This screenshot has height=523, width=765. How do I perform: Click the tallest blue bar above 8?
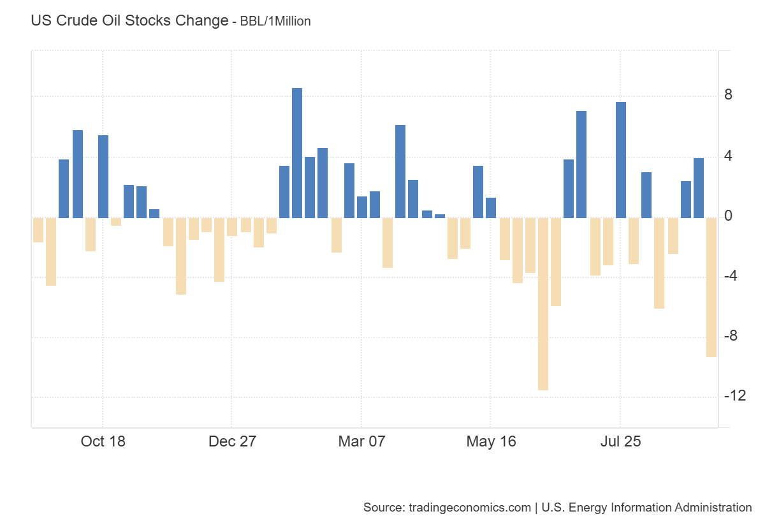click(297, 153)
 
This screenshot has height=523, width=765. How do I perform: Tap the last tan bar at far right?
click(711, 287)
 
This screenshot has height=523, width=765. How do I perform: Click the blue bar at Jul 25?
click(621, 160)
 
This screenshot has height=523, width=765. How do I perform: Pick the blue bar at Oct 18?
click(103, 177)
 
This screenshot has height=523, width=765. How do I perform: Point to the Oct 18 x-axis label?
click(103, 441)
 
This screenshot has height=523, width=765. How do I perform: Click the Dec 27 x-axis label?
click(232, 441)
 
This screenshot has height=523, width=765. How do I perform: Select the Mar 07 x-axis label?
click(361, 441)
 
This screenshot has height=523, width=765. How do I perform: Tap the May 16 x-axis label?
click(490, 441)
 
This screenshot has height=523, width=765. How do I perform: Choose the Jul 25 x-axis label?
click(620, 441)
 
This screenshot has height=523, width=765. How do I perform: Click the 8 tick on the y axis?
click(728, 96)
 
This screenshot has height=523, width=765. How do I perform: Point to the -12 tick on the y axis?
click(734, 397)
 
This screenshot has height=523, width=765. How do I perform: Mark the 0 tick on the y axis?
click(728, 217)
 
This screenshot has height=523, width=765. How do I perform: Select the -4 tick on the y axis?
click(731, 277)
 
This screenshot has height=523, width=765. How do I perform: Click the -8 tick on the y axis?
click(731, 337)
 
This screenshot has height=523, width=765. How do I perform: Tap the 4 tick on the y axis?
click(728, 156)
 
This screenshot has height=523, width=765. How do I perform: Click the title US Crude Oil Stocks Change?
click(129, 20)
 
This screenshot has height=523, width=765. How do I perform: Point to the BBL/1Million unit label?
click(275, 22)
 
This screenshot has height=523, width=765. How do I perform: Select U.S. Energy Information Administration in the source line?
click(646, 508)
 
